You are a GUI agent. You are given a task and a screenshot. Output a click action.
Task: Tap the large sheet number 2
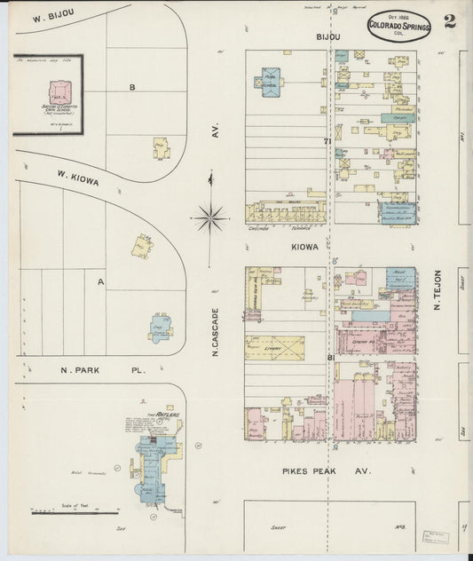coord(450,22)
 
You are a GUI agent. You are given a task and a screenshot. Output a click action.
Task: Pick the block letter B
coord(131,87)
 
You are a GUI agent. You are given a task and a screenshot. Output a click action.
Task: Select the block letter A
coord(100,281)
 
